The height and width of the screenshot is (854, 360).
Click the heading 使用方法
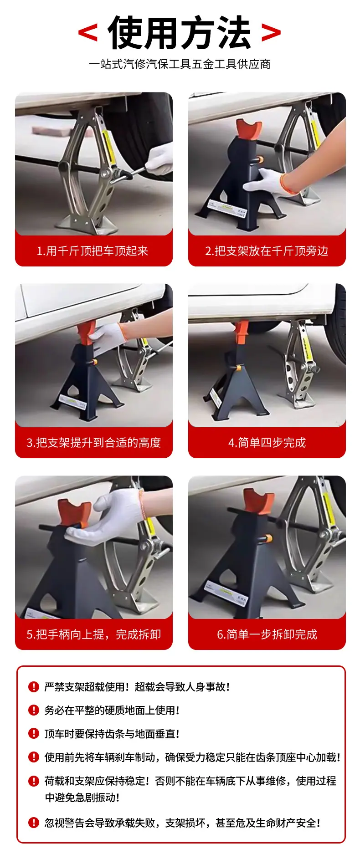(x=180, y=33)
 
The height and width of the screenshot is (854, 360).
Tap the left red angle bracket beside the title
(x=88, y=32)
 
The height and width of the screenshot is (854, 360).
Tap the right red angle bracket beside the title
(x=271, y=32)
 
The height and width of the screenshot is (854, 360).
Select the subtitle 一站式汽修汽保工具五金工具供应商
(x=180, y=64)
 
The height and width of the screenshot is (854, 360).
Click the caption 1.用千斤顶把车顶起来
(x=93, y=251)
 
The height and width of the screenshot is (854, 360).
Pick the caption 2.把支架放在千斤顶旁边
(x=267, y=251)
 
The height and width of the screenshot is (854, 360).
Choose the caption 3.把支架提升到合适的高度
(x=94, y=443)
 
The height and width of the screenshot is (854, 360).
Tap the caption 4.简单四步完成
(x=267, y=443)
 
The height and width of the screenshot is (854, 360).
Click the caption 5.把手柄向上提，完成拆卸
(x=94, y=634)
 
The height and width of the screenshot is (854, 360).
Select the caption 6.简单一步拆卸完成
(x=267, y=634)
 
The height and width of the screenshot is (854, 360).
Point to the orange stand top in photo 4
(x=242, y=334)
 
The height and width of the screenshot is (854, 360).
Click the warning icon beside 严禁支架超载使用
(x=34, y=687)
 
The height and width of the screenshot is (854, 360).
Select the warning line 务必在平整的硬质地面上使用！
(x=112, y=711)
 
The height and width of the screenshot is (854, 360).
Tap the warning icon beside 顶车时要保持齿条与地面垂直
(x=34, y=734)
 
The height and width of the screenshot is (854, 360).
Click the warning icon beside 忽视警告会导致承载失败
(x=34, y=823)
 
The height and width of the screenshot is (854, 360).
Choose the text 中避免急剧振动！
(x=82, y=798)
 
